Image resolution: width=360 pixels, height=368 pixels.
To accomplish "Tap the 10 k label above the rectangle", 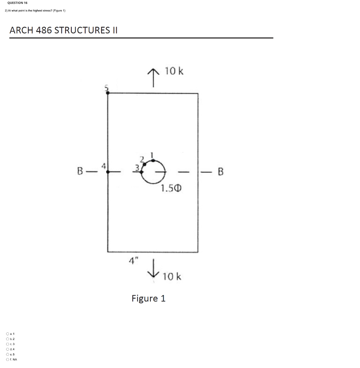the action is (x=174, y=71).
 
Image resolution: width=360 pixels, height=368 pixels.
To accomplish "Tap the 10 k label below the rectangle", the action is (x=172, y=277).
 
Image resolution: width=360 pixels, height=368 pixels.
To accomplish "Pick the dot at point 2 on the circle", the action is (x=145, y=164).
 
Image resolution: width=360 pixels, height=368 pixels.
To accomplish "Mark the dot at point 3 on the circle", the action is (x=141, y=172).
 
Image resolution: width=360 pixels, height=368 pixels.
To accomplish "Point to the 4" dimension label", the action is (x=132, y=259).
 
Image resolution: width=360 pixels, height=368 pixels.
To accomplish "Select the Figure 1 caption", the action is (x=149, y=298).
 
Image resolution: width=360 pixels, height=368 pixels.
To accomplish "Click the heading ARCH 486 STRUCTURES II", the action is (x=64, y=31).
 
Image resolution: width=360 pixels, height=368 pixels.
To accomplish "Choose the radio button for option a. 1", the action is (x=8, y=334).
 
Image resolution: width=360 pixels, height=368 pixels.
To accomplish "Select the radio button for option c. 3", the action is (x=8, y=344).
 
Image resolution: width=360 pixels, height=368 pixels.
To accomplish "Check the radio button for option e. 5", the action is (x=8, y=354).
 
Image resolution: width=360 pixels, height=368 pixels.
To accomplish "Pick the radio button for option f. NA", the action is (x=8, y=359).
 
